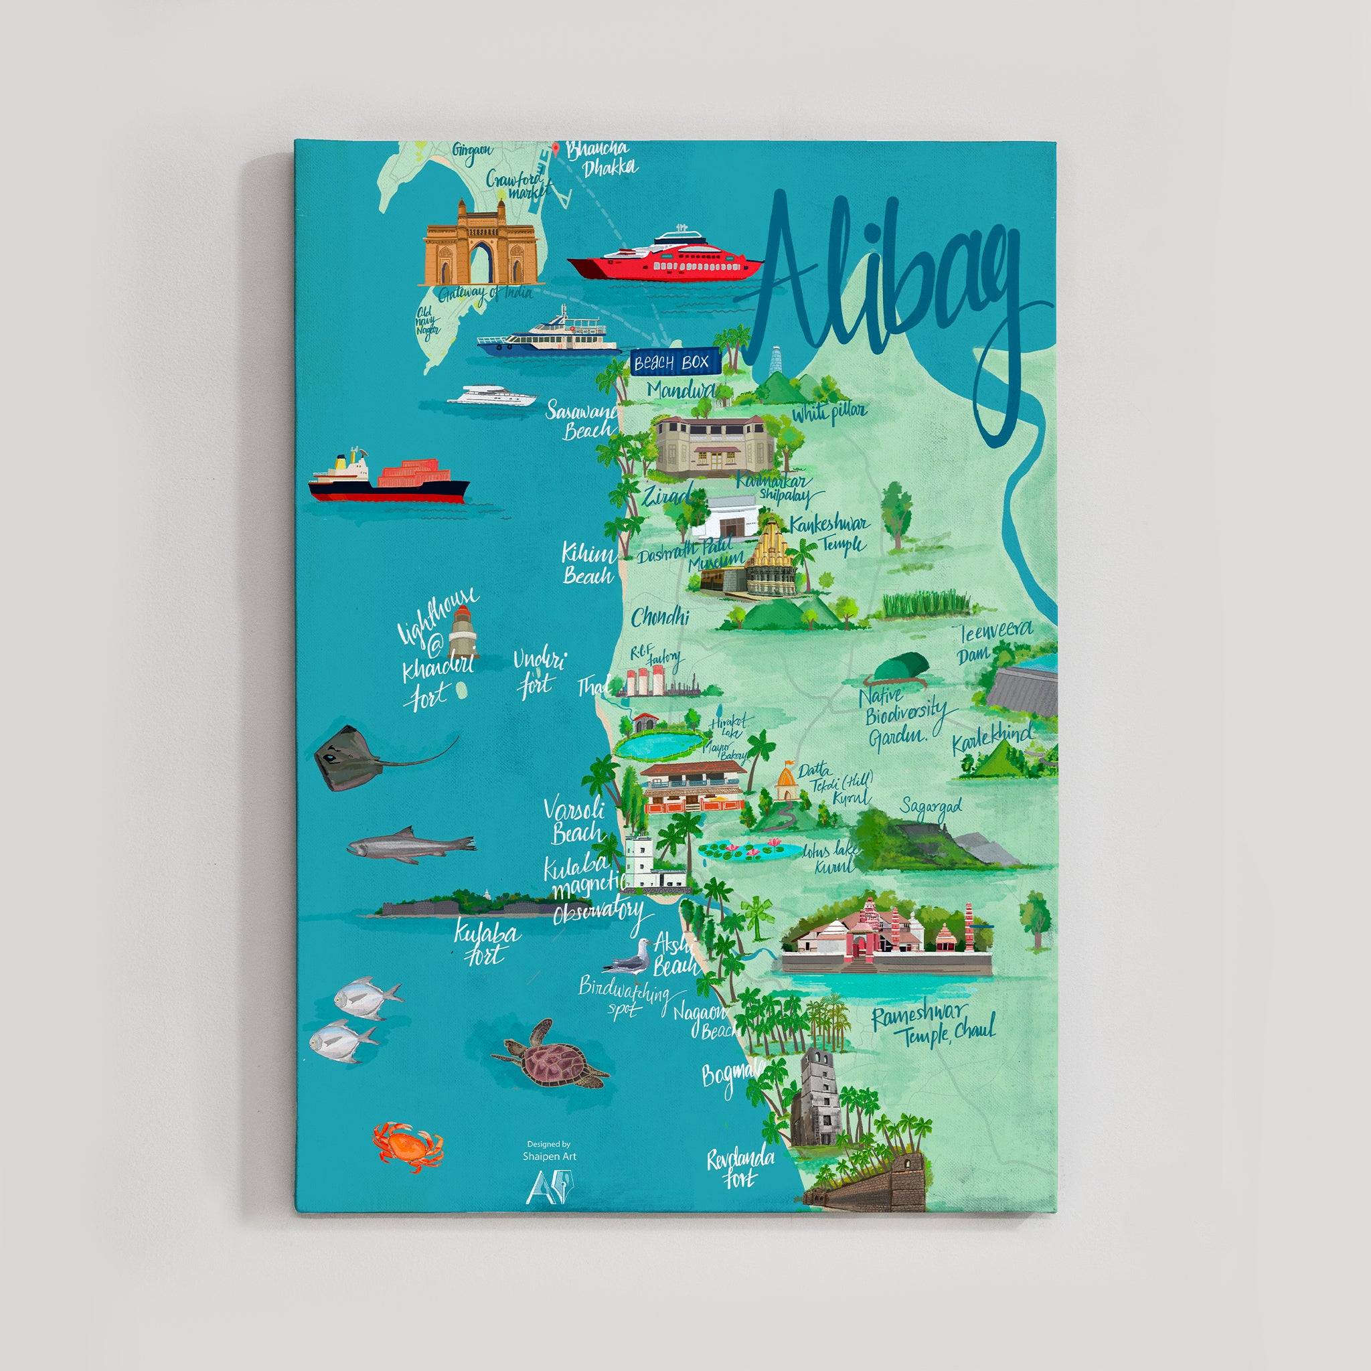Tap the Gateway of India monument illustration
click(x=480, y=244)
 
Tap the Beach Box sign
click(x=671, y=363)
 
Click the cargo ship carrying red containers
click(x=389, y=479)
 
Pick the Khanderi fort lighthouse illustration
click(x=463, y=631)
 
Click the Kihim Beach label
click(x=588, y=564)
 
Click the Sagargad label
click(x=931, y=807)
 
